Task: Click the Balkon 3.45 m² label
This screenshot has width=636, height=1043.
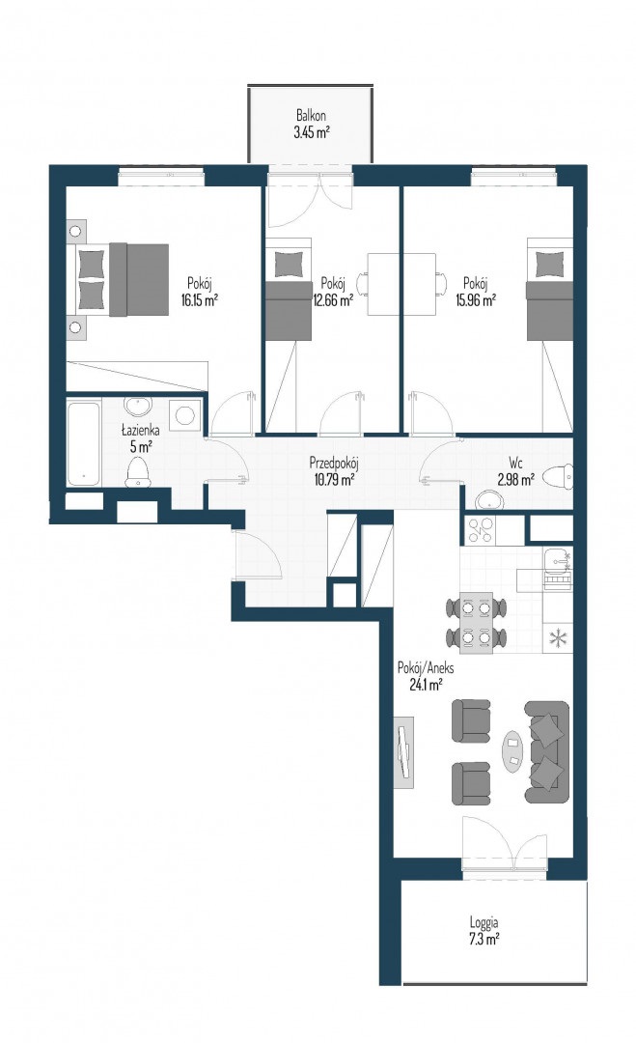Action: coord(312,124)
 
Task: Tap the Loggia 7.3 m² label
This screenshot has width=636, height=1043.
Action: coord(484,931)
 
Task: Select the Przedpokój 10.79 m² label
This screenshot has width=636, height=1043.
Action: coord(334,470)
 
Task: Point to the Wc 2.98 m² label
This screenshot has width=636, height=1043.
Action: coord(515,470)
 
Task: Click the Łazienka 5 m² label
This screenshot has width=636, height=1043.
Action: coord(140,437)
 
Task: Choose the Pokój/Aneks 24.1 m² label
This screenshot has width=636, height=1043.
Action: coord(426,675)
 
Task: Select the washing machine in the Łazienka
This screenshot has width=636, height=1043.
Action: coord(184,415)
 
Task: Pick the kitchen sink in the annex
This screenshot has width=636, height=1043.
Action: coord(558,562)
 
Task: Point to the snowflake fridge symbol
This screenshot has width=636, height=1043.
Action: coord(558,639)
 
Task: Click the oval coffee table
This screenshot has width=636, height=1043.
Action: coord(512,751)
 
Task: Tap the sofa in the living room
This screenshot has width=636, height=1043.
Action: coord(547,751)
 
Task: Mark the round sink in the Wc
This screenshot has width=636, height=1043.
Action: coord(490,499)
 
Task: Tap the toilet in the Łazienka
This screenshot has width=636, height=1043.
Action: coord(138,471)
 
